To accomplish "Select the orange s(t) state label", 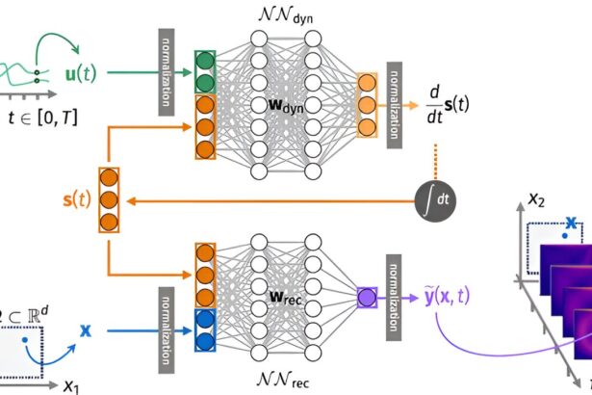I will click(77, 201).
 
